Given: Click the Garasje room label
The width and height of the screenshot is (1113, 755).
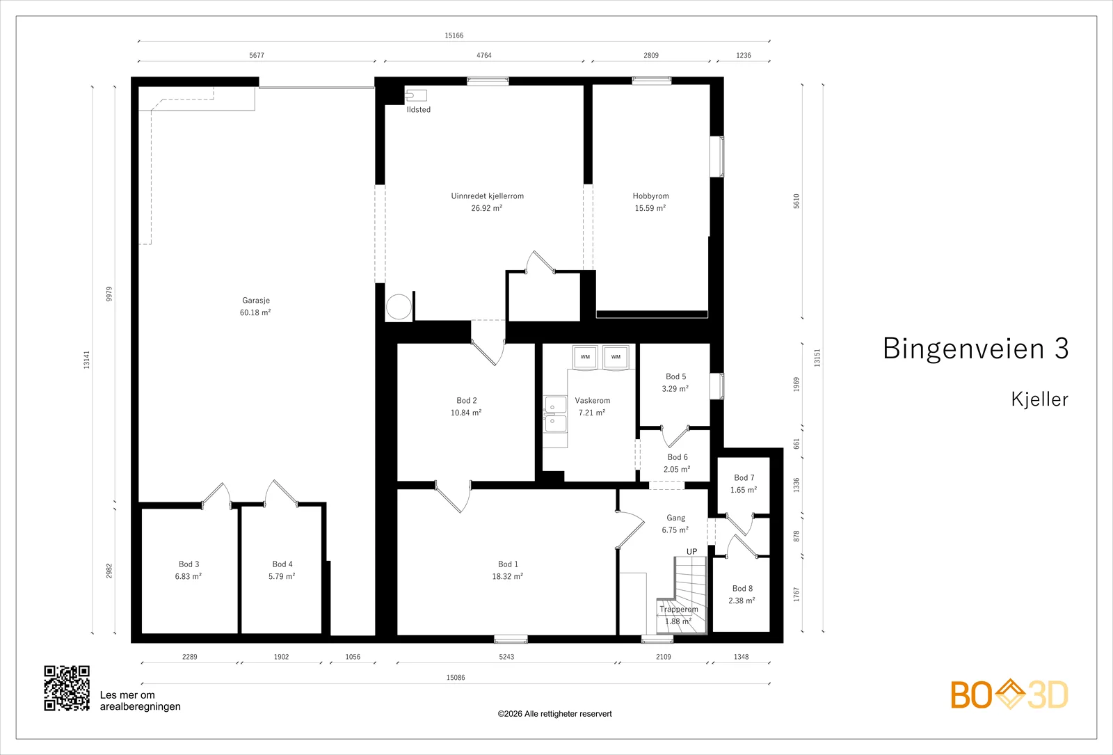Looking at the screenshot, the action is (256, 300).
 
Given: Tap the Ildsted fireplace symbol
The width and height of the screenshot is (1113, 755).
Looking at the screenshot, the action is (416, 95).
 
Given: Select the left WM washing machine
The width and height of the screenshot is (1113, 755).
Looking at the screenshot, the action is (585, 357).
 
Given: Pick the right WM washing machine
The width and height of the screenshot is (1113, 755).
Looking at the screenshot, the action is (616, 357).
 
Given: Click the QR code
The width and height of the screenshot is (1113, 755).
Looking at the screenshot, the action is (67, 688).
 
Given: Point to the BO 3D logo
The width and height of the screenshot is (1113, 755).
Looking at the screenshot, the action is (1009, 694).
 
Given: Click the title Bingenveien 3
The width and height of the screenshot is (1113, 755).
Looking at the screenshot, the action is (975, 349).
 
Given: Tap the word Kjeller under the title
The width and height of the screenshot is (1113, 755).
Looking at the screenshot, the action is (1039, 399).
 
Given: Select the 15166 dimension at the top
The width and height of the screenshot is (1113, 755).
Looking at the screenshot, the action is (454, 35).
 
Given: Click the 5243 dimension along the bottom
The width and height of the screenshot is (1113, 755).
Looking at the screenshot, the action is (507, 657).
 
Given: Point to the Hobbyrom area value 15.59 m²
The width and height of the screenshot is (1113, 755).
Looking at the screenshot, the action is (650, 208).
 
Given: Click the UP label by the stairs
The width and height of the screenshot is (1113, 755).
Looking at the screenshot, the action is (691, 551).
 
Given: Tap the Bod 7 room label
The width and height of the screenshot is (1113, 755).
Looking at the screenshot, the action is (744, 477).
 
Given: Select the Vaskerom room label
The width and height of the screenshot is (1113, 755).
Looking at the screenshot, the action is (592, 400).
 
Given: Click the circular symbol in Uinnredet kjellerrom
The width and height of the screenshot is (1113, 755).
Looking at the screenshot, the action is (399, 307).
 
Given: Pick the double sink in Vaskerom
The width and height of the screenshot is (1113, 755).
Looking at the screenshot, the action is (555, 415).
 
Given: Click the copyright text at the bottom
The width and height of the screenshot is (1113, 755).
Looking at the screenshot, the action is (554, 714).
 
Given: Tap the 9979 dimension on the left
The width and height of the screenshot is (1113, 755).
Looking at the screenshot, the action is (109, 294).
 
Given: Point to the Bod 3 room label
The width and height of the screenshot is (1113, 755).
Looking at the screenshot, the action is (189, 564).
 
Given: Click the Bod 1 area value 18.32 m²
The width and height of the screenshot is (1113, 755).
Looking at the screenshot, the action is (507, 577).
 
